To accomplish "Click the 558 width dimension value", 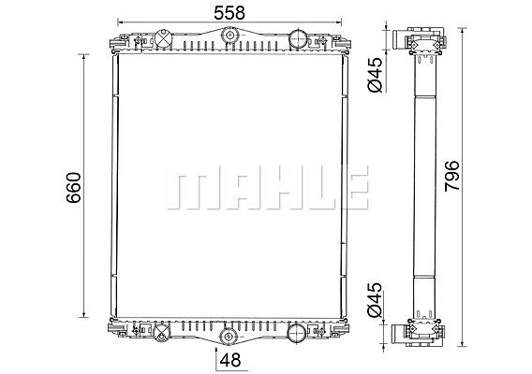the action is click(229, 12).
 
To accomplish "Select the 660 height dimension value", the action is click(74, 188).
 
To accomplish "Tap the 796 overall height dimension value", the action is click(452, 176).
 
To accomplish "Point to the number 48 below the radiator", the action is click(230, 360).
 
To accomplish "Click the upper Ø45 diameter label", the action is click(375, 75).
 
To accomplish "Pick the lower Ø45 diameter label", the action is click(375, 299).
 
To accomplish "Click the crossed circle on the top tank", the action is click(163, 38).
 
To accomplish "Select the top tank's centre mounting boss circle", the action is click(229, 36).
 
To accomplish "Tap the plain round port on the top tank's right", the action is click(298, 39).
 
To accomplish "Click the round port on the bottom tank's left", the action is click(161, 332).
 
